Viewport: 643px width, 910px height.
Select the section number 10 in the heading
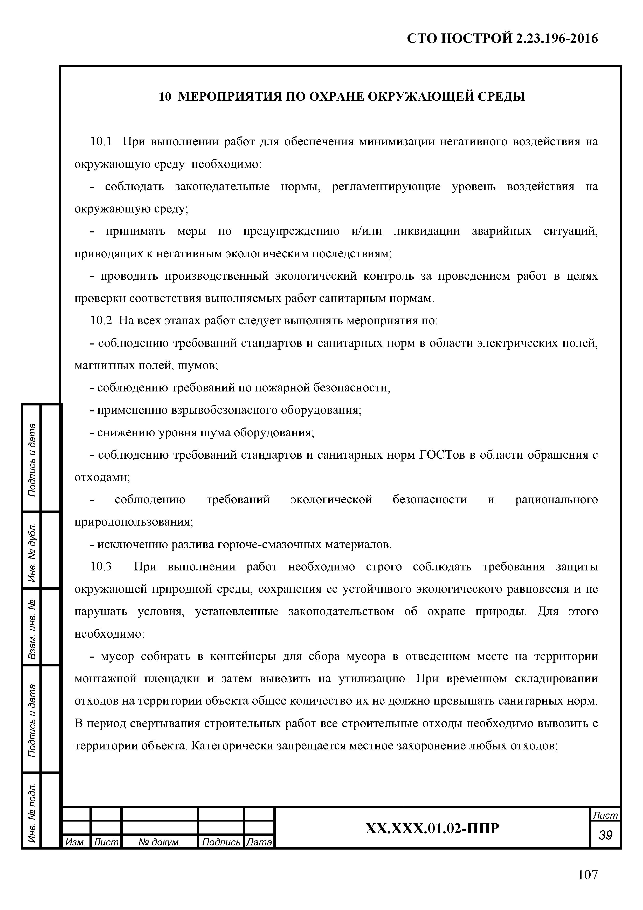pos(164,97)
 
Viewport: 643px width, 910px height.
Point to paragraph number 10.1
pos(101,141)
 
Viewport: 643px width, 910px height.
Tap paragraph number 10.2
pos(101,321)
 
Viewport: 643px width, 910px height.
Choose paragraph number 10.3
pos(101,567)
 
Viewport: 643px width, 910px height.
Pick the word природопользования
pos(133,522)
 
